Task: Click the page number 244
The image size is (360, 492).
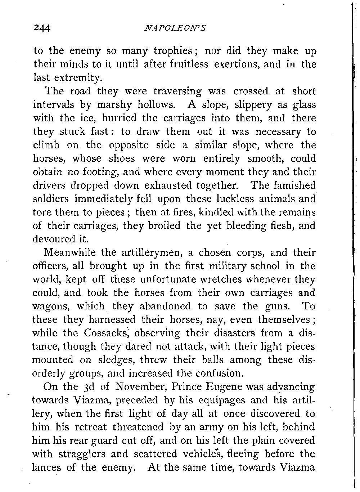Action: pos(42,28)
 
